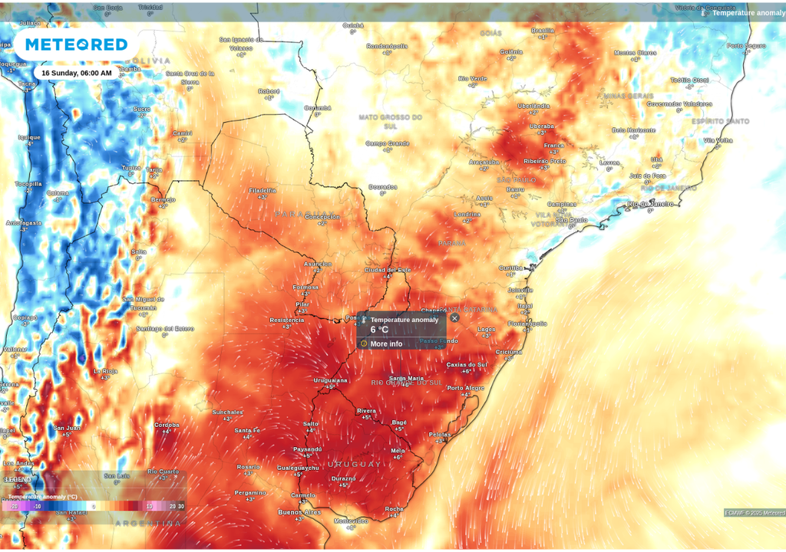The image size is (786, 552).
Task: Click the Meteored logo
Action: (76, 44)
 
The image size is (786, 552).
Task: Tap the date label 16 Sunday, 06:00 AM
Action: (76, 73)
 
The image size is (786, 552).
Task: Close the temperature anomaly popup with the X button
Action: (454, 318)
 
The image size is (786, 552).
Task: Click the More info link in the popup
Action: (386, 343)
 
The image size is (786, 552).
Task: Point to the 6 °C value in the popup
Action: (379, 330)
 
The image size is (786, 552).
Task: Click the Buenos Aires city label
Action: (299, 511)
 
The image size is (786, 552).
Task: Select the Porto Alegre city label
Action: (465, 388)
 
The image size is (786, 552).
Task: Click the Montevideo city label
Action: (351, 521)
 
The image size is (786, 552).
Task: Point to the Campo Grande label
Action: (388, 143)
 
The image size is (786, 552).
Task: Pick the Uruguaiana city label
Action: (330, 379)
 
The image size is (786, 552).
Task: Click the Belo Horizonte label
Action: (633, 130)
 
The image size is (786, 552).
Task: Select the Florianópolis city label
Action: (527, 324)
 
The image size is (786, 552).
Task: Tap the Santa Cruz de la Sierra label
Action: (190, 77)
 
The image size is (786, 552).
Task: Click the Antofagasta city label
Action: (23, 222)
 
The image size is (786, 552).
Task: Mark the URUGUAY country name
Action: (355, 465)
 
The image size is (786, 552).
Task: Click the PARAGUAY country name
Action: (305, 214)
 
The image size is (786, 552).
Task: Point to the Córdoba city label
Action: (167, 425)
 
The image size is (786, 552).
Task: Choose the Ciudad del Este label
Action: (388, 270)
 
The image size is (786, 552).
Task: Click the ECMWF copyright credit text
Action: (755, 513)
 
